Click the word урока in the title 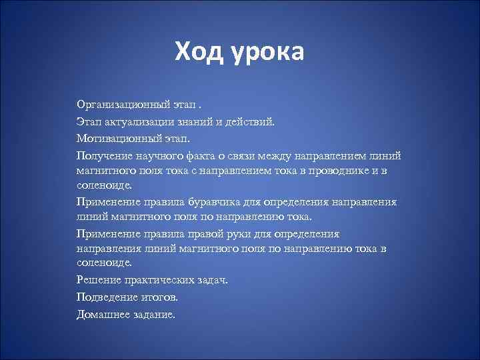click(x=268, y=53)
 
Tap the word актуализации click(x=143, y=123)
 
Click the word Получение click(x=103, y=156)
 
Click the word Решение click(x=98, y=280)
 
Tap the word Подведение click(x=106, y=297)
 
